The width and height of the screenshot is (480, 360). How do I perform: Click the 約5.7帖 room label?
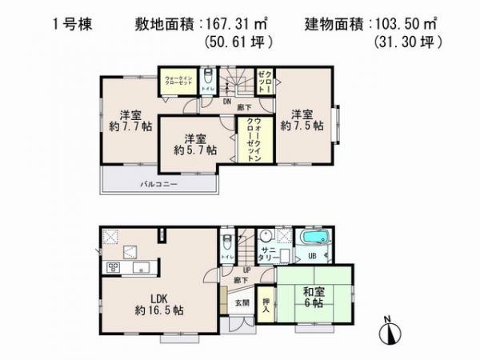pyautogui.click(x=196, y=142)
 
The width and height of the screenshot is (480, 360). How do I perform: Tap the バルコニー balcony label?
pyautogui.click(x=159, y=184)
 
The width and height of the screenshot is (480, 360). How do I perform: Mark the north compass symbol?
pyautogui.click(x=389, y=333)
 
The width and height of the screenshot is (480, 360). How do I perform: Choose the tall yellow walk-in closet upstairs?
pyautogui.click(x=246, y=141)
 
